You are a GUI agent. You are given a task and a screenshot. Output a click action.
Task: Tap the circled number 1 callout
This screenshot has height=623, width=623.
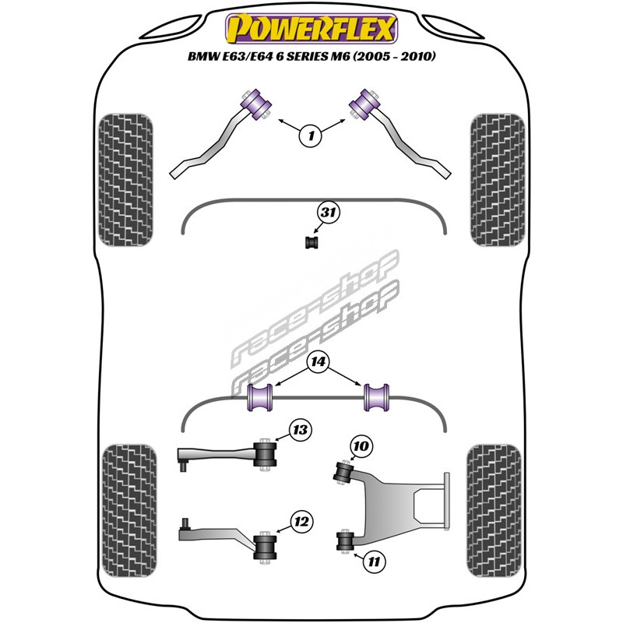(x=311, y=136)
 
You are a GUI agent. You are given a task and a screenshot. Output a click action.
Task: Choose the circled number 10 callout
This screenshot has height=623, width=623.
(x=361, y=446)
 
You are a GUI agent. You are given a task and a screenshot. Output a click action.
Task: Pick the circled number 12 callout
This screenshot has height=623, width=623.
(x=301, y=521)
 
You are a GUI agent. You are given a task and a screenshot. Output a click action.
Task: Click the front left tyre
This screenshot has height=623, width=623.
(x=127, y=181)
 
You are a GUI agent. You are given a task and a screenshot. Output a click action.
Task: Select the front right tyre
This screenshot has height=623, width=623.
(x=495, y=181)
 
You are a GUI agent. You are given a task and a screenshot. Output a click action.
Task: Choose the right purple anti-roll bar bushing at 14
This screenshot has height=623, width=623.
(x=376, y=397)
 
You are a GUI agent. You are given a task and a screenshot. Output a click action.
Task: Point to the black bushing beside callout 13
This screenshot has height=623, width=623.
(x=266, y=454)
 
